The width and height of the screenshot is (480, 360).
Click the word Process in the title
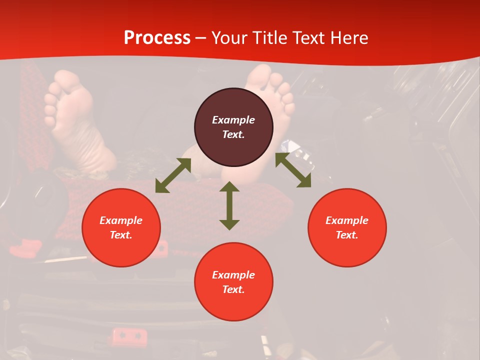point(157,38)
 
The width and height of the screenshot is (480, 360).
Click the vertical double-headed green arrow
point(229,205)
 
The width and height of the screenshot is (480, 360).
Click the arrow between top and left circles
point(173,175)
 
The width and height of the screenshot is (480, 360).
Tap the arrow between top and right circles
point(293,170)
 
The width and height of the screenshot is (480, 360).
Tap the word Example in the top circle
point(233,120)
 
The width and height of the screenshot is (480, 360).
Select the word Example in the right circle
point(347,220)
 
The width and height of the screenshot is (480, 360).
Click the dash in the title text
point(201,38)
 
